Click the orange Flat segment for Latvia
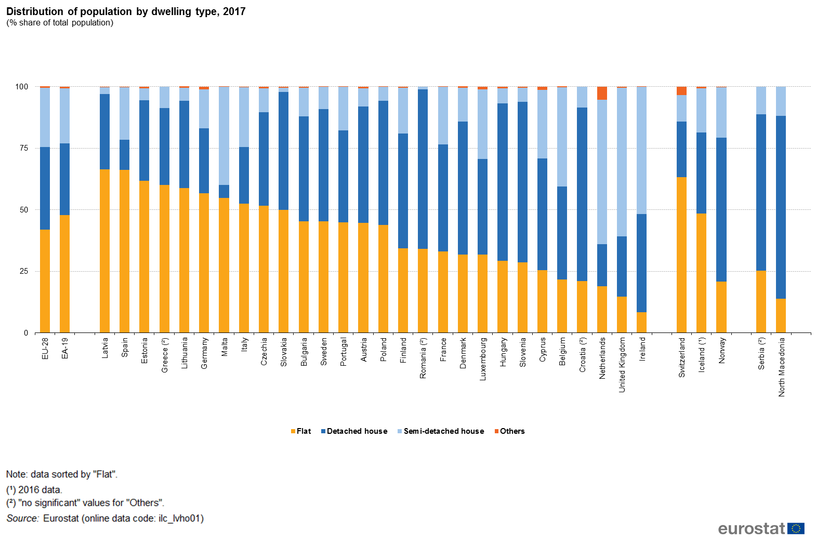[x=104, y=251]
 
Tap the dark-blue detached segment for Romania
[x=423, y=169]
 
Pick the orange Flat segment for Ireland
[x=641, y=322]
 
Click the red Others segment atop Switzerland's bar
[x=681, y=91]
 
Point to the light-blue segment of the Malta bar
[x=224, y=135]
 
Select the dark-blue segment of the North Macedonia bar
[x=781, y=207]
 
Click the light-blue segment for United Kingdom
[x=622, y=162]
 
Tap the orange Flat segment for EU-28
[x=45, y=281]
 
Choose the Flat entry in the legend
[x=301, y=431]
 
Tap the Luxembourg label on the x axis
[x=483, y=359]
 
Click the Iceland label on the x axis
[x=702, y=355]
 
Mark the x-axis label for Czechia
[x=264, y=352]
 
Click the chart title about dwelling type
[x=126, y=11]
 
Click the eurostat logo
[x=761, y=529]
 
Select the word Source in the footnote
[x=22, y=518]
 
